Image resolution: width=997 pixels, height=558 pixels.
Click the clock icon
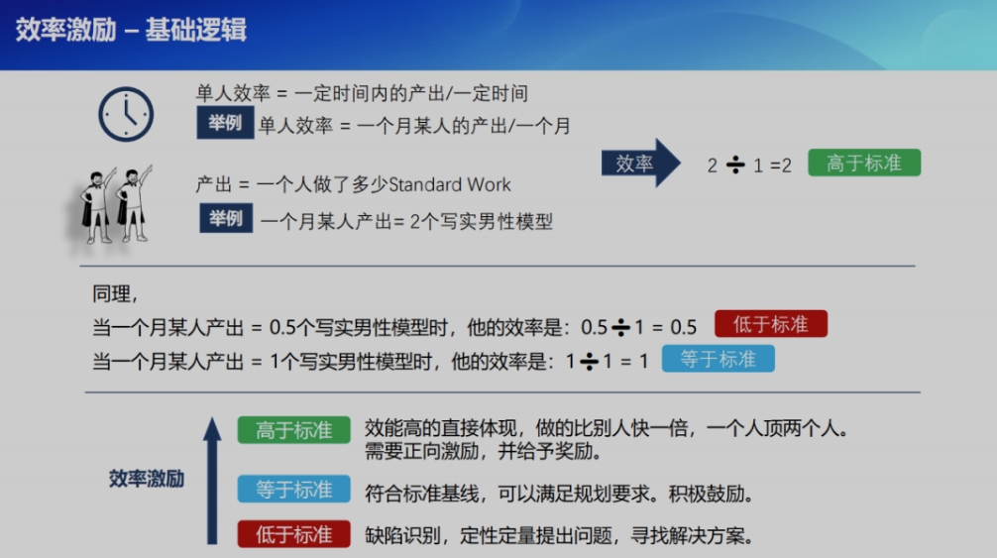pos(126,114)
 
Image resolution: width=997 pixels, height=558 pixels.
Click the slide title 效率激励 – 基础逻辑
pos(131,30)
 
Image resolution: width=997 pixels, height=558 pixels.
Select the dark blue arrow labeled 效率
pos(641,164)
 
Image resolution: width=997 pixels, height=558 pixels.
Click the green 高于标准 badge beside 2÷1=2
pos(864,163)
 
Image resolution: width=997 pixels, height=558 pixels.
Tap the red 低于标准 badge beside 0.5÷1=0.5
pos(771,324)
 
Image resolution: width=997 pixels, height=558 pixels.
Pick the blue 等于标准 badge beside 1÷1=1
pos(718,359)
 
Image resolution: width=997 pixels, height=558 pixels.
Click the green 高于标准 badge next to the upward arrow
pos(293,430)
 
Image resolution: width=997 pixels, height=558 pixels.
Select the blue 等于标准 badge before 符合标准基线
pos(293,490)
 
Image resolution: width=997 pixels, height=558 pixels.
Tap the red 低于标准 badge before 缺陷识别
pos(293,534)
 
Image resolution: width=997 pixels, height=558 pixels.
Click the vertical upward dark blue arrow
pos(212,481)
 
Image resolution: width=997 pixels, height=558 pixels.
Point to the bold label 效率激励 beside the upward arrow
pos(147,479)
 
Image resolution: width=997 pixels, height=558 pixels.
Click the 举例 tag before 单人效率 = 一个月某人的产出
pos(225,123)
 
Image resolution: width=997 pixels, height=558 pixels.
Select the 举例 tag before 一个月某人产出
pos(226,219)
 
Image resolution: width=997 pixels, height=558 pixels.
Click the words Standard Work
pos(450,185)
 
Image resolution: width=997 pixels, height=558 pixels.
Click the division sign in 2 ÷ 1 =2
pos(735,165)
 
